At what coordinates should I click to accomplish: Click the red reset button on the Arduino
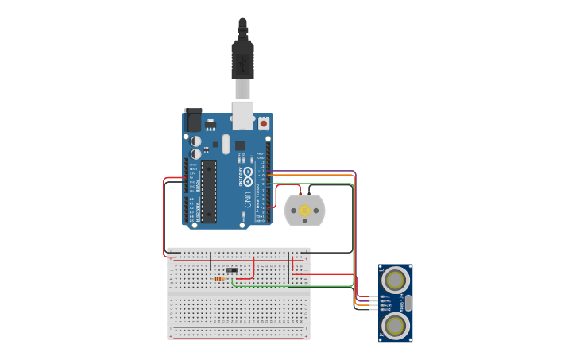click(x=263, y=123)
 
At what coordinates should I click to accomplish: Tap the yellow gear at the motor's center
click(x=304, y=211)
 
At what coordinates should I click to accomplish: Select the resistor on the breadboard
click(x=218, y=279)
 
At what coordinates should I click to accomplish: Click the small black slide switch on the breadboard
click(x=232, y=270)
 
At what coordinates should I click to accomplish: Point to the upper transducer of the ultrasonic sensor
click(x=396, y=279)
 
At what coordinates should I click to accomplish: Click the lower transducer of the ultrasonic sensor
click(x=396, y=324)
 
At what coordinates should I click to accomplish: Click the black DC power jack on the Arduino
click(x=193, y=120)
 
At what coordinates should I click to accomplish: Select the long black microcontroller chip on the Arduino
click(x=208, y=191)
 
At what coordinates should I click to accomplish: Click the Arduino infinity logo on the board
click(x=248, y=172)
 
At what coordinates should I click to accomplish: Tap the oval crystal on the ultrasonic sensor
click(x=408, y=302)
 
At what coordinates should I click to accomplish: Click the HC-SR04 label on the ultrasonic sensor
click(x=401, y=302)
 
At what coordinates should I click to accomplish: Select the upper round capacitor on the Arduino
click(x=196, y=141)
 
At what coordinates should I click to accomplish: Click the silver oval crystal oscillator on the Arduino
click(x=226, y=144)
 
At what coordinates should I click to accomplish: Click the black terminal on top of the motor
click(x=309, y=192)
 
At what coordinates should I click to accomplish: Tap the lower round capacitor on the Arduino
click(x=196, y=153)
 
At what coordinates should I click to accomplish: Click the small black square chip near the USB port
click(x=239, y=145)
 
